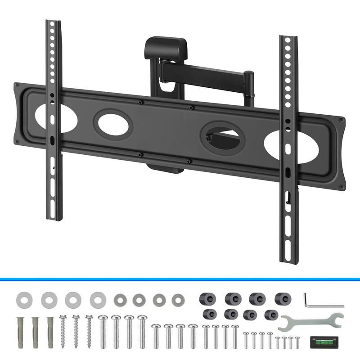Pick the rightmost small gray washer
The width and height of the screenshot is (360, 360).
(178, 300)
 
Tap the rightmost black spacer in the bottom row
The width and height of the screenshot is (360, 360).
(270, 315)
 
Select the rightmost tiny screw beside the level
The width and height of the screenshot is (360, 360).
(297, 342)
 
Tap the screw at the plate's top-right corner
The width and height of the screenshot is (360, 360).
(340, 120)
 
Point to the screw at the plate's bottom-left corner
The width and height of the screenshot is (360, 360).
(17, 142)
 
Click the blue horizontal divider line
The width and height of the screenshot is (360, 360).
(180, 279)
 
